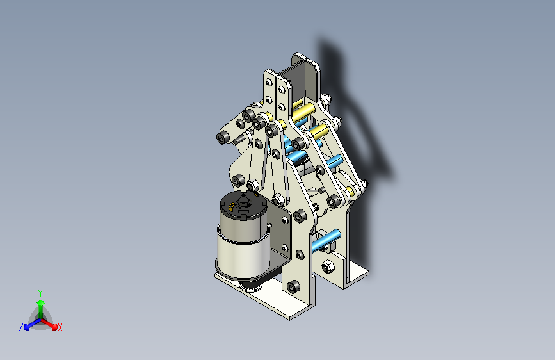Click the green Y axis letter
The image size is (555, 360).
(x=40, y=293)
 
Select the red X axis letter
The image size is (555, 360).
(x=60, y=328)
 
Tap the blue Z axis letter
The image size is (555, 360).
(x=21, y=327)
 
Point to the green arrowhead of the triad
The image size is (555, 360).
(x=41, y=302)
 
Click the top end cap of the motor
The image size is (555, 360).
(x=243, y=204)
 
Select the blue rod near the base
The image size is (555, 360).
(x=326, y=240)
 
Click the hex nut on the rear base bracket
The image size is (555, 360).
(x=328, y=266)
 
